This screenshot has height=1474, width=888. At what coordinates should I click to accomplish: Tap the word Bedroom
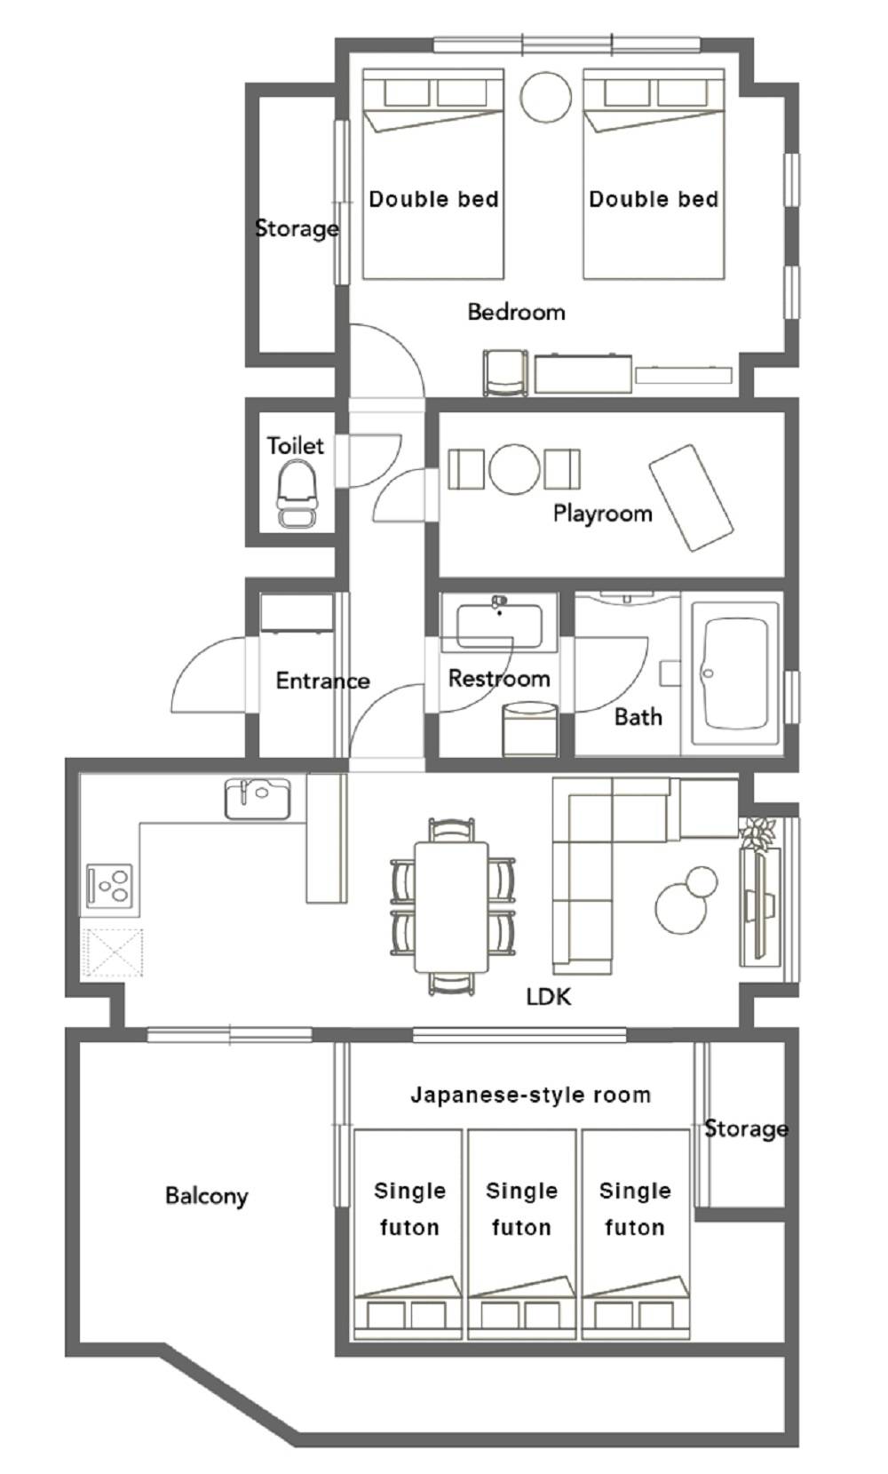516,312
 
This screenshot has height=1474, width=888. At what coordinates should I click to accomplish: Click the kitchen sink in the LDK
258,799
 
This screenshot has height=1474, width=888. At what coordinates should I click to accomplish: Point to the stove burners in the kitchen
110,886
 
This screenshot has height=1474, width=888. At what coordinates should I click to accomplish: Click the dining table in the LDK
451,907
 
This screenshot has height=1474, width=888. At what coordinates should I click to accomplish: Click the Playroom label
603,514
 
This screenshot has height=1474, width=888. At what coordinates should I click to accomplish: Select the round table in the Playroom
514,469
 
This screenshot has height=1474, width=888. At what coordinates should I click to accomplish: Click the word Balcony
207,1196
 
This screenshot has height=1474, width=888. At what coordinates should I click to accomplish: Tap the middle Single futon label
521,1209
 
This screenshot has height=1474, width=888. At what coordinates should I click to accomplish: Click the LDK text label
549,997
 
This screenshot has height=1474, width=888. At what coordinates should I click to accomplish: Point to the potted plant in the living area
757,833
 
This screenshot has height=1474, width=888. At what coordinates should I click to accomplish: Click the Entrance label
323,681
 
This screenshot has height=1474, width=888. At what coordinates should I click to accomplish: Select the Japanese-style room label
530,1095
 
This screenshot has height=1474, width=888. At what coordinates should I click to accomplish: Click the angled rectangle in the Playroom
692,498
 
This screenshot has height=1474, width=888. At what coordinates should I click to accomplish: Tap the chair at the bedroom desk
505,372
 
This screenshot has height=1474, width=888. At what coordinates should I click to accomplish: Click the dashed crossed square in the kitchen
113,952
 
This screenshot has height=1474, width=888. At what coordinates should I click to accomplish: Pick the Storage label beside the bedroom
297,229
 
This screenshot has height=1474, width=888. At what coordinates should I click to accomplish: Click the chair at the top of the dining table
451,831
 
